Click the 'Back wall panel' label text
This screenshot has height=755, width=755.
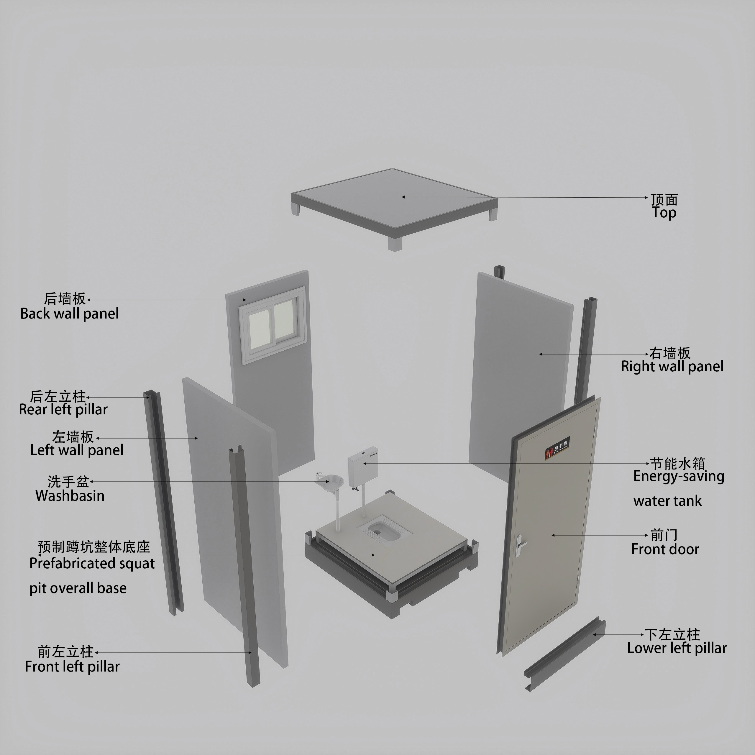(70, 314)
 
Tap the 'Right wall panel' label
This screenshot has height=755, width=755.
(672, 367)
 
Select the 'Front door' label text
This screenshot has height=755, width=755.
(665, 549)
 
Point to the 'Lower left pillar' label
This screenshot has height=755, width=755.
(677, 648)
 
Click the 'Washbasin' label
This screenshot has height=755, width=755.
(70, 496)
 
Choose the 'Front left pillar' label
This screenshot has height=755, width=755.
(72, 666)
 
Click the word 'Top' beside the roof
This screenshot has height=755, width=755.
(664, 213)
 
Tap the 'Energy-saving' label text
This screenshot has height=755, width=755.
(679, 476)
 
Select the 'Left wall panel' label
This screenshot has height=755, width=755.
(77, 450)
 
